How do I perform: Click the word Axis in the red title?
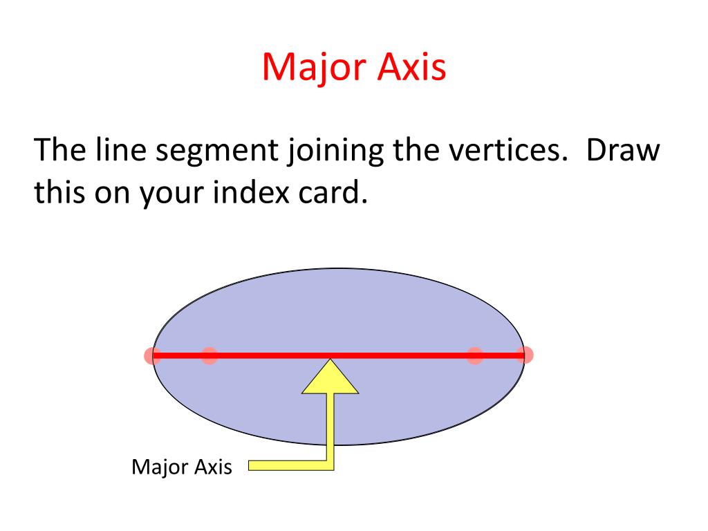point(411,66)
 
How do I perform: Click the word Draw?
point(623,150)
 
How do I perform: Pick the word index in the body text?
point(250,192)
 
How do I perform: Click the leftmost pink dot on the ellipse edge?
point(153,355)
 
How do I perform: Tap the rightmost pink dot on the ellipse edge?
point(525,355)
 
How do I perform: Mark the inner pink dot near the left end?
point(209,355)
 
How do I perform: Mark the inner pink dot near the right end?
point(475,355)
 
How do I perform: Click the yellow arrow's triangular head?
point(330,380)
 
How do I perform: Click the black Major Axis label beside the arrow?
point(182,467)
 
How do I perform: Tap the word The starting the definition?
point(59,149)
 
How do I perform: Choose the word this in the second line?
point(59,192)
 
